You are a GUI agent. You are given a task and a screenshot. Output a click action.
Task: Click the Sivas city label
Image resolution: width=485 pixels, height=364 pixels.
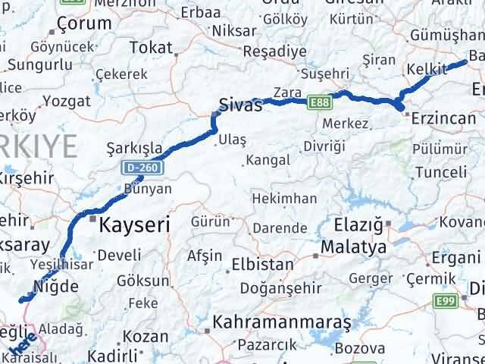(x=240, y=105)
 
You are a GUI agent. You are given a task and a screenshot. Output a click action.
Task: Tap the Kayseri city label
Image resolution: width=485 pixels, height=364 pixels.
(x=135, y=224)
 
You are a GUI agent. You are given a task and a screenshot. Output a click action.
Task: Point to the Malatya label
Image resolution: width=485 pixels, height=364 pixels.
(x=353, y=248)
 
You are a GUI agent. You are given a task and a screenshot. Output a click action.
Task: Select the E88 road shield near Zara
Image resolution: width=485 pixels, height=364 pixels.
(x=318, y=101)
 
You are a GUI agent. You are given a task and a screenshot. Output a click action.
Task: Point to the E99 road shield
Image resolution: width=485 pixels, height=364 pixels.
(x=446, y=303)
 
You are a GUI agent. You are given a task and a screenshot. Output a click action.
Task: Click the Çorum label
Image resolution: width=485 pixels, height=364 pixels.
(x=84, y=24)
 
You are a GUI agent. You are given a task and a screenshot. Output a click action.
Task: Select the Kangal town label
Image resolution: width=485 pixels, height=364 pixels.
(x=268, y=161)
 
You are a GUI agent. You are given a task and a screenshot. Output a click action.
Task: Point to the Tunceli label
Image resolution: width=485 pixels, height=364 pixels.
(x=441, y=172)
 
